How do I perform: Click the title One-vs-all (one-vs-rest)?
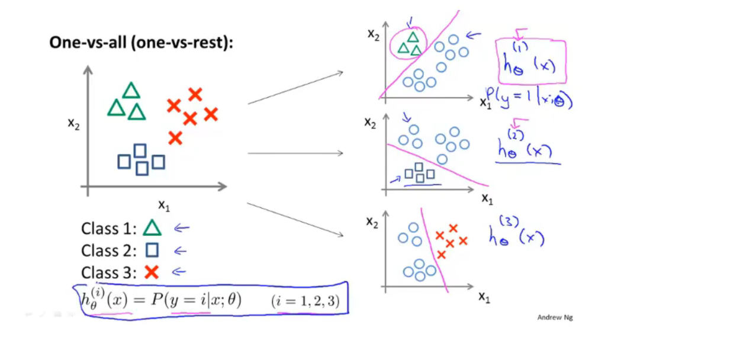click(141, 43)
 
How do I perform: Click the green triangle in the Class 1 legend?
click(152, 229)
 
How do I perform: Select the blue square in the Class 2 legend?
click(152, 250)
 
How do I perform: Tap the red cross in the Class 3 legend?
click(152, 272)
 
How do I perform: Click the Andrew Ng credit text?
click(555, 317)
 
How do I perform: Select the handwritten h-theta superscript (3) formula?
click(516, 235)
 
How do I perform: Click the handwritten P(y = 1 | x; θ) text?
click(529, 99)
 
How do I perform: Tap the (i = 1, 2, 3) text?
click(305, 301)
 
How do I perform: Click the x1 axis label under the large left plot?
click(164, 205)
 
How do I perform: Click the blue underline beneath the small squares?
click(422, 185)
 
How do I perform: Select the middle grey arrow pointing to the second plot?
click(295, 153)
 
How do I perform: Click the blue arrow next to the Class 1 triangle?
click(181, 228)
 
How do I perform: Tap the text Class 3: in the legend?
click(108, 272)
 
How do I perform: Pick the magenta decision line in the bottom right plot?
click(433, 249)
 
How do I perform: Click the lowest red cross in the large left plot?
click(175, 139)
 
